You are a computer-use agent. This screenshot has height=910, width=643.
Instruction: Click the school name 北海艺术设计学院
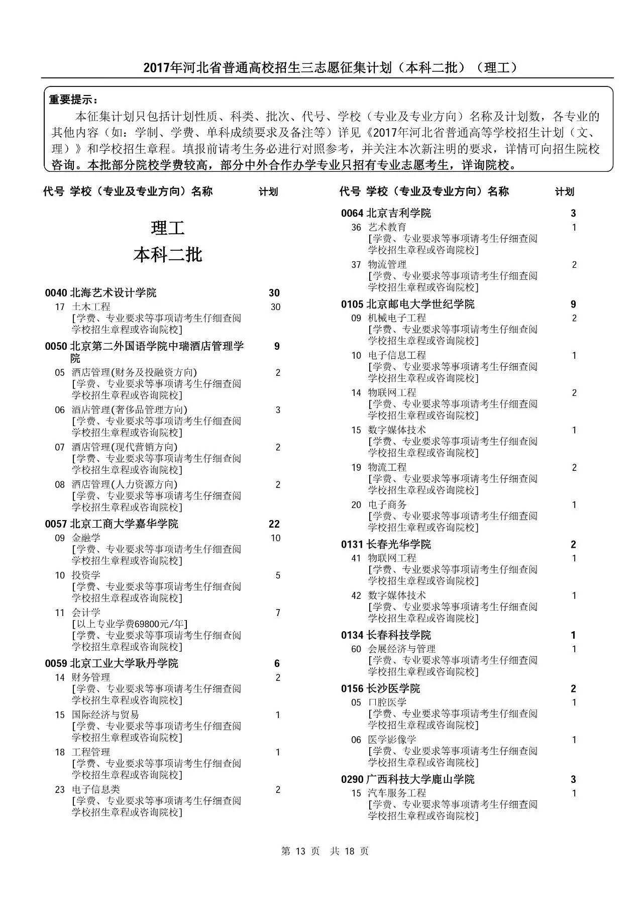tap(113, 293)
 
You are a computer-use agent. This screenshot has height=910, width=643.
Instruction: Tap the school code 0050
tap(56, 346)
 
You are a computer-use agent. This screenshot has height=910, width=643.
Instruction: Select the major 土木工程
tap(91, 307)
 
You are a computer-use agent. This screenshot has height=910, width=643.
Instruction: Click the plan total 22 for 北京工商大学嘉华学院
tap(274, 524)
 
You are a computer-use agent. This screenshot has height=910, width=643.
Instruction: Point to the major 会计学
tap(86, 613)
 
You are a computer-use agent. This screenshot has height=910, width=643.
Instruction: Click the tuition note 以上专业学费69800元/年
tap(130, 624)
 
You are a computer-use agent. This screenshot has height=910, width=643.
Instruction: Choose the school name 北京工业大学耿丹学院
tap(124, 664)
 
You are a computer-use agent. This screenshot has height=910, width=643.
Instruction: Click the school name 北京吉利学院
tap(399, 214)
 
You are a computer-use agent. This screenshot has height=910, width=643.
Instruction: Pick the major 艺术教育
tap(387, 228)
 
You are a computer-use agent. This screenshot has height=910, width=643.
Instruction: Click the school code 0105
tap(352, 305)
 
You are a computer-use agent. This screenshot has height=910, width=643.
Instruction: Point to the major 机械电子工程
tap(397, 318)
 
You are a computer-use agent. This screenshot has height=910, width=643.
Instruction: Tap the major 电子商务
tap(387, 505)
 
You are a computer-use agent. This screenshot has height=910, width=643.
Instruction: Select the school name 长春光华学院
tap(399, 545)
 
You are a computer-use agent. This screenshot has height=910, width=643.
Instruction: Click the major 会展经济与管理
tap(402, 649)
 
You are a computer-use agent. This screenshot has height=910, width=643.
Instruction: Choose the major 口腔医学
tap(387, 702)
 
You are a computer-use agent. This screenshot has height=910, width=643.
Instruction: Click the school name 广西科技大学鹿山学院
tap(420, 779)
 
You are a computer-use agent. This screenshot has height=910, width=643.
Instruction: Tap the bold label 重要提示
tap(73, 99)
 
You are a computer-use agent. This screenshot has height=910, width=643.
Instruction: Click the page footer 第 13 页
tap(300, 851)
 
